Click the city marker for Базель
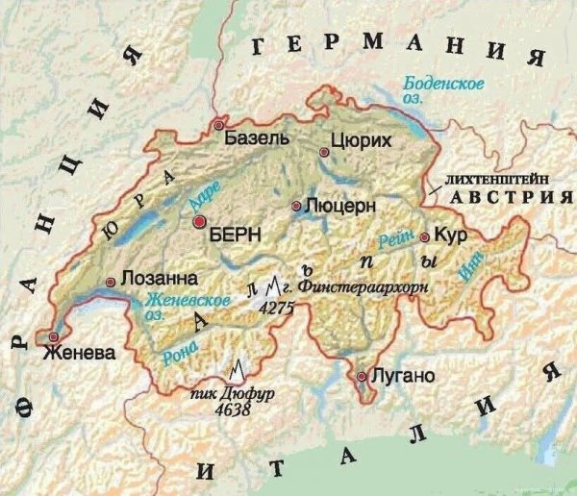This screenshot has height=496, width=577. [219, 126]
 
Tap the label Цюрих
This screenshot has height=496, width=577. [361, 141]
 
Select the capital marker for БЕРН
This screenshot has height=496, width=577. [200, 222]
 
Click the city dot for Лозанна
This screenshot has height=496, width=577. [112, 282]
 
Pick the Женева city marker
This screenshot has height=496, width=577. [54, 336]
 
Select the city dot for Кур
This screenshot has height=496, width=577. [424, 236]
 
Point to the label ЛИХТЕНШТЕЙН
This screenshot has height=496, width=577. [489, 180]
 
